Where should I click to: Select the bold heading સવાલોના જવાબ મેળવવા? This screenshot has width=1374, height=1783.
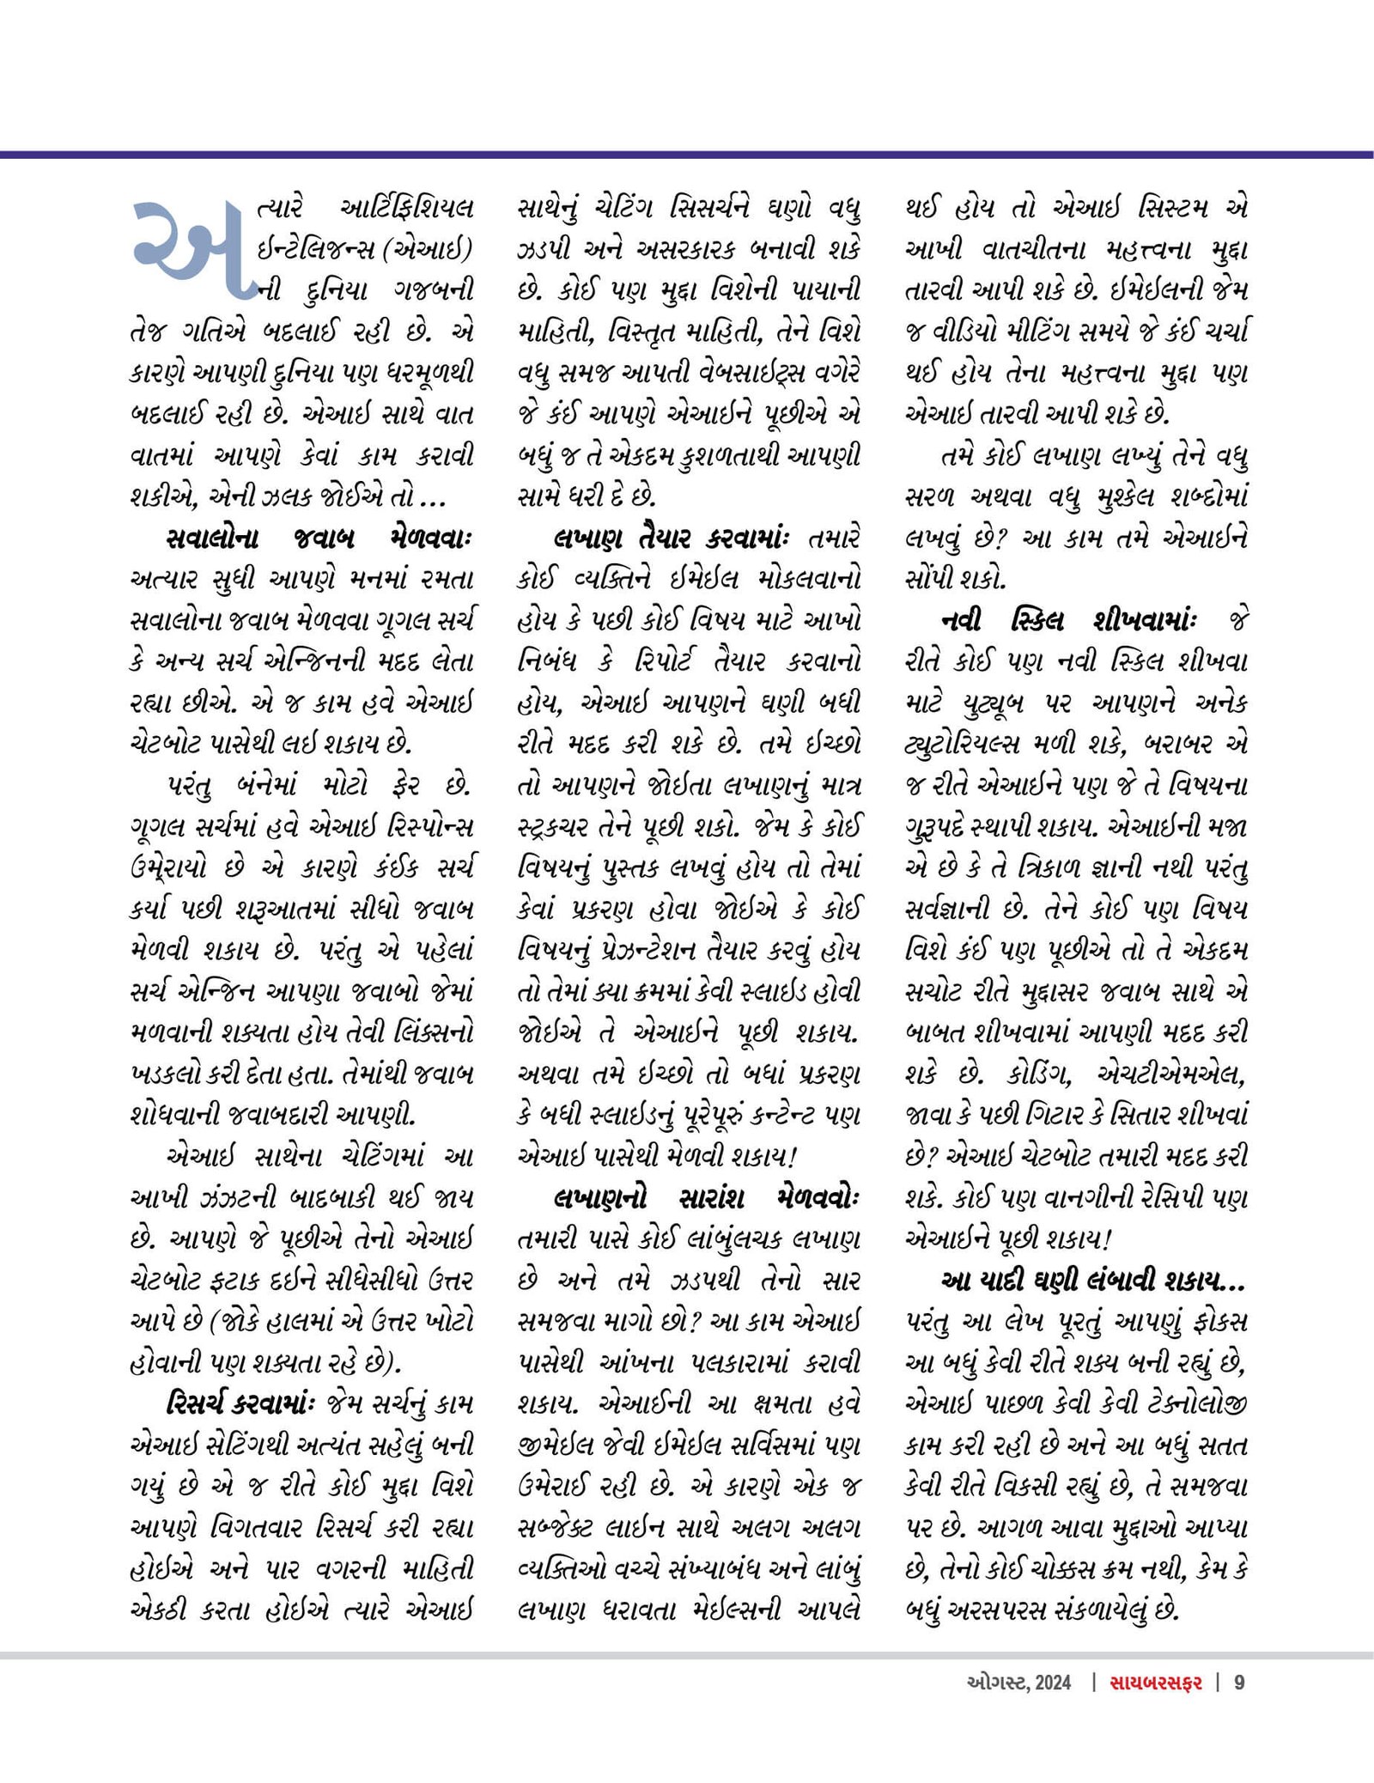point(319,539)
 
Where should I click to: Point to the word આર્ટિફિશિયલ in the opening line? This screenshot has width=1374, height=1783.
point(407,209)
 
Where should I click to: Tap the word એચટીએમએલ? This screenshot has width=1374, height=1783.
point(1171,1074)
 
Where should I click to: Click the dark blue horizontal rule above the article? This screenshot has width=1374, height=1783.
point(687,155)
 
